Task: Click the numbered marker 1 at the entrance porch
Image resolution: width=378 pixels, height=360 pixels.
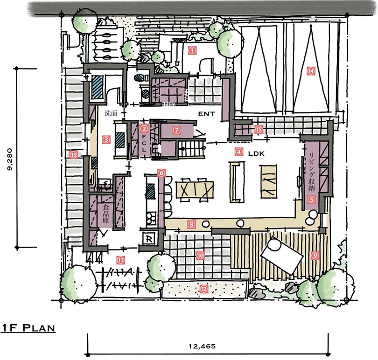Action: (192, 51)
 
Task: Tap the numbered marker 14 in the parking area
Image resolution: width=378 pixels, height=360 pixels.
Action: (311, 71)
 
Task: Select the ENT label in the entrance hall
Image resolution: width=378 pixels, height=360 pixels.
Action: (206, 114)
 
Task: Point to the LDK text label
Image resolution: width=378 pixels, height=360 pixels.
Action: (256, 153)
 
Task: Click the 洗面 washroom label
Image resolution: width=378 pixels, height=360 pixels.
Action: (111, 113)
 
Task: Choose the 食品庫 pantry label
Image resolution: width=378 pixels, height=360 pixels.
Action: (106, 214)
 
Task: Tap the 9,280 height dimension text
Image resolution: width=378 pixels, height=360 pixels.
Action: (10, 159)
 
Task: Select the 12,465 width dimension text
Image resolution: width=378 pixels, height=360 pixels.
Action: (202, 346)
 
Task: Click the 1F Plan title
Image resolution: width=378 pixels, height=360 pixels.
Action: (28, 328)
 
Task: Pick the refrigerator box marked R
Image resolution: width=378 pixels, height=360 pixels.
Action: (149, 239)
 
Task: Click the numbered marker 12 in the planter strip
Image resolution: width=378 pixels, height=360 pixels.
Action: (204, 289)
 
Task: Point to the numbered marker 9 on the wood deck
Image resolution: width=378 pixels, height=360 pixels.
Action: (315, 255)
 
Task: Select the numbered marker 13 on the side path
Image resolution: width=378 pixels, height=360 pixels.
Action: (73, 154)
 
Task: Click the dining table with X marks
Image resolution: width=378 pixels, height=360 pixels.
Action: (195, 190)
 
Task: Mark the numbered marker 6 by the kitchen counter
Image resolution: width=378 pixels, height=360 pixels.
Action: (161, 173)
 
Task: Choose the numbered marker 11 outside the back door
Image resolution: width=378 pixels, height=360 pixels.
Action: (121, 260)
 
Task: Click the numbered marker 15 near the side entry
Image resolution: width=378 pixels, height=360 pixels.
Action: (259, 129)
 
